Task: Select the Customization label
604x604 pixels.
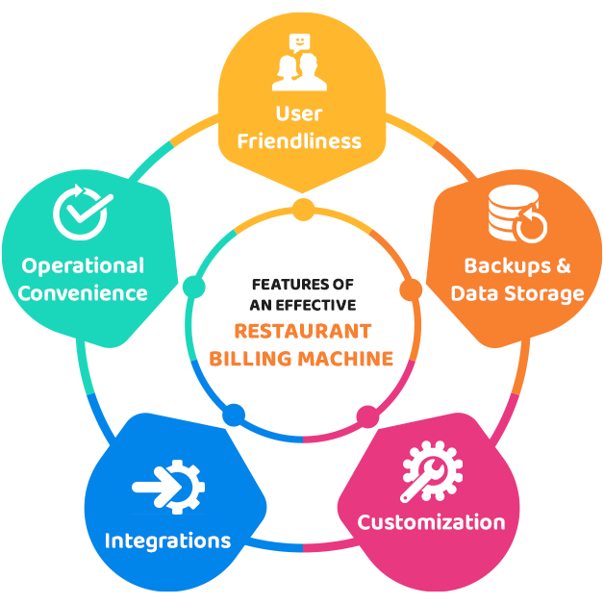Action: (x=431, y=522)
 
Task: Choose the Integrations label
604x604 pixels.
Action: (x=167, y=540)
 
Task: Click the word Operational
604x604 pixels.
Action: (x=84, y=265)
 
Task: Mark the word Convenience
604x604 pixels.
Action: (x=84, y=292)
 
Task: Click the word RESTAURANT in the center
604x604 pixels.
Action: (x=303, y=332)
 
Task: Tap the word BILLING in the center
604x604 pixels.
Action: (x=259, y=359)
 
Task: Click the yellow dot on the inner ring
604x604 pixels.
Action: (x=303, y=210)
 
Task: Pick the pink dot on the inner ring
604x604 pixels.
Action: (x=368, y=417)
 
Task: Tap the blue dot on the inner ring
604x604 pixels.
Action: (x=234, y=416)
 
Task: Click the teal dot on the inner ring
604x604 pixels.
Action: (x=193, y=287)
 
